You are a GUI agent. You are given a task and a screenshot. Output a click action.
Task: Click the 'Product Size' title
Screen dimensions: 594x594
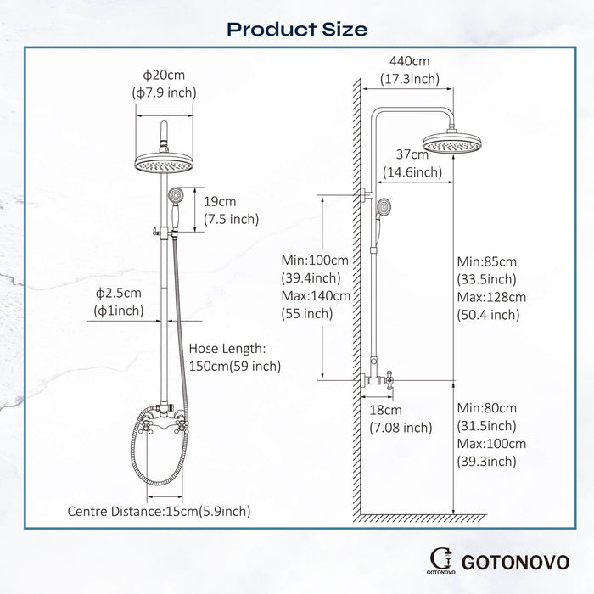(297, 29)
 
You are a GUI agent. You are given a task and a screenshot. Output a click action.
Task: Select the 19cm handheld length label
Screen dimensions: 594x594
(221, 202)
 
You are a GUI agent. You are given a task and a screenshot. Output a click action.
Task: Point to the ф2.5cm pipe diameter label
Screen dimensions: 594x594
(120, 293)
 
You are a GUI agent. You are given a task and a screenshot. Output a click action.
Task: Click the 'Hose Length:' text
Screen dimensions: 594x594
(227, 349)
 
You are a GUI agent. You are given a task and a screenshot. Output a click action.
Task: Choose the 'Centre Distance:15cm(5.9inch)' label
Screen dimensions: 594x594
(160, 511)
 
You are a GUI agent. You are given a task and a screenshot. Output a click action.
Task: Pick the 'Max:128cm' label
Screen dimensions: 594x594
(490, 297)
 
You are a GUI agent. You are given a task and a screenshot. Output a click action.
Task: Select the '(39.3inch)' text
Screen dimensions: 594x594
(486, 462)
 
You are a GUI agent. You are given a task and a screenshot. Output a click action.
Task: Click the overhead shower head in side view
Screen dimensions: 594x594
(451, 145)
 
